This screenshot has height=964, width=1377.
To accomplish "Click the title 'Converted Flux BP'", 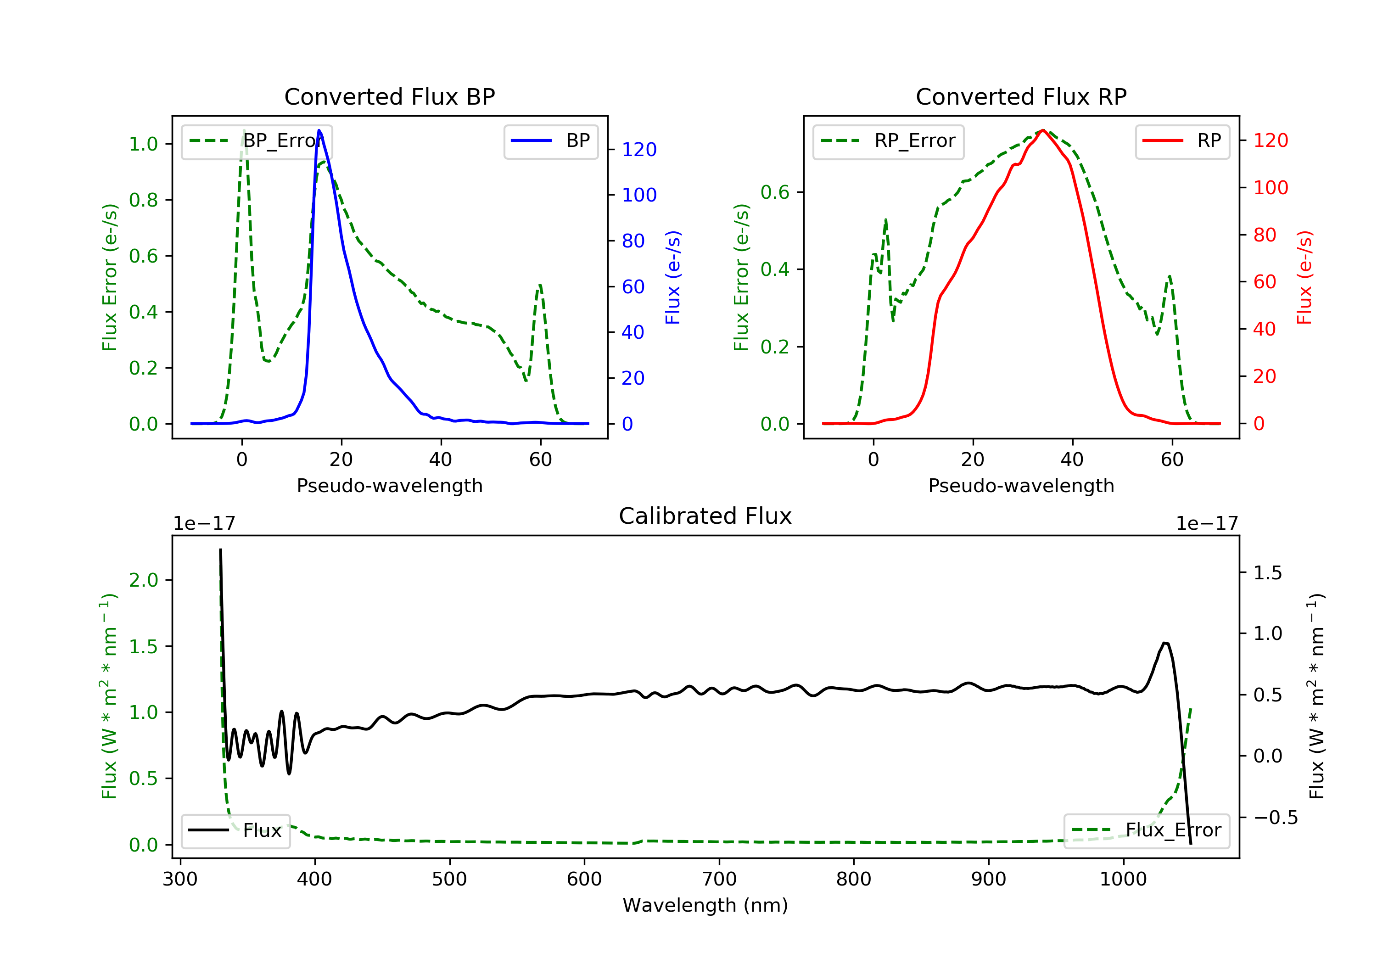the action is [x=390, y=96].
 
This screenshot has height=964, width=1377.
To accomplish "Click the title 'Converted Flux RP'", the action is [x=1021, y=96].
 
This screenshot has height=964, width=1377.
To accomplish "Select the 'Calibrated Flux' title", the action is [x=705, y=516].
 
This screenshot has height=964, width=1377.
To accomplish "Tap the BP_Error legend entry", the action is [x=257, y=141].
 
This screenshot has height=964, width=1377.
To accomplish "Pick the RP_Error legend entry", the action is [x=888, y=141].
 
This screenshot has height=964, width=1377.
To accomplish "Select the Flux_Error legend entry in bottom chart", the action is [x=1147, y=830].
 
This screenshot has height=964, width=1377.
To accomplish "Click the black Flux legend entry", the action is [x=236, y=830].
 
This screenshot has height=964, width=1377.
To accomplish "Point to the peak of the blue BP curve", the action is [x=319, y=130].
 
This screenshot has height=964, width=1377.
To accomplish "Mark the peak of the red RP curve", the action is [x=1043, y=130].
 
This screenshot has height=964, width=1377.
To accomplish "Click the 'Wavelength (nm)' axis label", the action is [x=705, y=905].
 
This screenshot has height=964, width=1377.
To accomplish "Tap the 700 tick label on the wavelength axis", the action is [x=719, y=880].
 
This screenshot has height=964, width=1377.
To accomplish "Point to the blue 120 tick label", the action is [x=639, y=149].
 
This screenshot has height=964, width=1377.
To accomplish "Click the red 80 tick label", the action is [x=1265, y=235].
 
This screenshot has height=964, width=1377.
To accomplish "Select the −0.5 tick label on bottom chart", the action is [x=1276, y=818].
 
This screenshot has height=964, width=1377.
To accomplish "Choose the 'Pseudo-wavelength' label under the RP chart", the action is [x=1021, y=485].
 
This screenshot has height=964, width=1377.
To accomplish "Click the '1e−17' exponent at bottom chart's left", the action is [x=205, y=524].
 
